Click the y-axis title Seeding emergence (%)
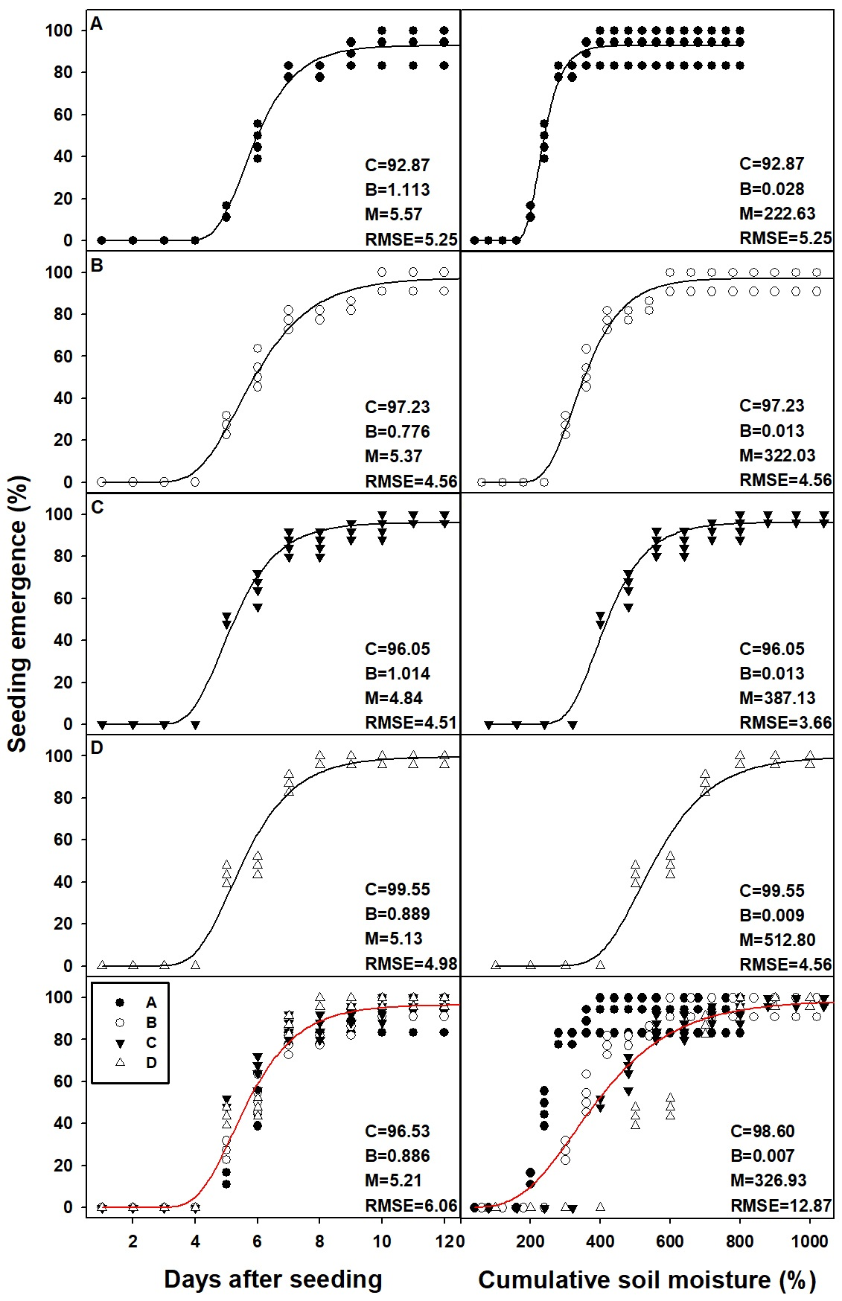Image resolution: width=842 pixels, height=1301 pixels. pos(18,614)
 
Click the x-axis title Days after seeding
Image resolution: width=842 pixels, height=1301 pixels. pos(273,1279)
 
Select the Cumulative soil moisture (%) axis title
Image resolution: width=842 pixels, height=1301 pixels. pos(647,1279)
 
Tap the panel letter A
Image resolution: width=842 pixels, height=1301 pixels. pos(96,24)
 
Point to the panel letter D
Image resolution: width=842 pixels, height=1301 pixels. pos(97,747)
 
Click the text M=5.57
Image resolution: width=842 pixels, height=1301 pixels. pos(394,214)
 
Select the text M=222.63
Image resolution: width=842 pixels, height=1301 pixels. pos(777,214)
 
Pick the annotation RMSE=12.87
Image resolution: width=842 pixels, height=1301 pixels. pos(781,1205)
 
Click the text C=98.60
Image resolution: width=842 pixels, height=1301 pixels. pos(762,1131)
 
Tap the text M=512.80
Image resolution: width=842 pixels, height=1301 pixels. pos(777,940)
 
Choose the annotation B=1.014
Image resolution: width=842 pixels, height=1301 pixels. pos(398,674)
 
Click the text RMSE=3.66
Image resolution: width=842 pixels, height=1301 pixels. pos(785,722)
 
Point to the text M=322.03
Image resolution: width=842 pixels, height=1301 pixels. pos(777,455)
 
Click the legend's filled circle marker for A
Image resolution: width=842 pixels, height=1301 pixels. pos(120,1003)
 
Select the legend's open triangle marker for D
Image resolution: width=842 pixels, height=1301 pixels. pos(120,1062)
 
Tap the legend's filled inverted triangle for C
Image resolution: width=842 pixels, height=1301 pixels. pos(120,1043)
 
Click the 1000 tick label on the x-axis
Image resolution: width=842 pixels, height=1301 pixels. pos(809,1241)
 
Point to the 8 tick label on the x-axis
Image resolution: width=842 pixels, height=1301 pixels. pos(319,1241)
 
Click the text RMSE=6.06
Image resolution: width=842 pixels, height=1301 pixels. pos(411,1205)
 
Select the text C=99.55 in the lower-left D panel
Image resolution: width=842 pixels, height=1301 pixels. pos(398,889)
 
